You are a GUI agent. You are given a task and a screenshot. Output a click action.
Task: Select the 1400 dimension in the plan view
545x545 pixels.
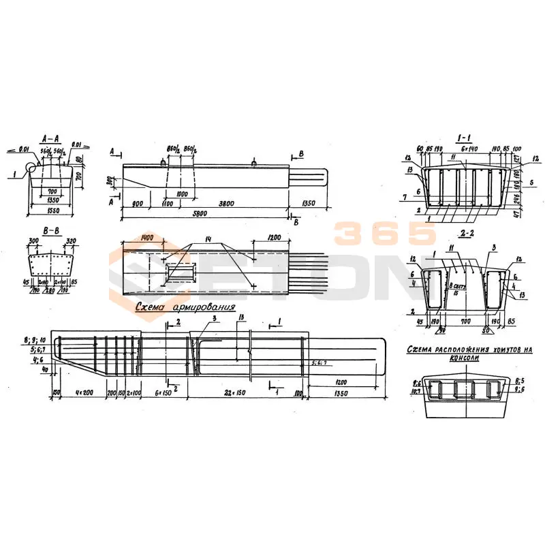pos(145,238)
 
